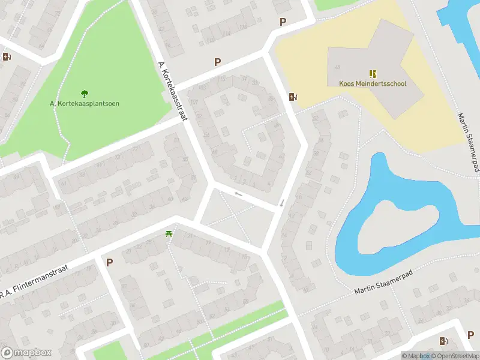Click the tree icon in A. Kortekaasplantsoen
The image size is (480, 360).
(85, 94)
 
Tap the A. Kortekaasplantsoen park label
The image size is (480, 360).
(85, 103)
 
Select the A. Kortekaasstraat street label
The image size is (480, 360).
(173, 91)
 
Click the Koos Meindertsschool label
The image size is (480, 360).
(373, 83)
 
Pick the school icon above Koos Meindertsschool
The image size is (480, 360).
(373, 74)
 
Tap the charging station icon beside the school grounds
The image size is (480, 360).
(293, 97)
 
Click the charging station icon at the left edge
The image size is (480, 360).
(7, 57)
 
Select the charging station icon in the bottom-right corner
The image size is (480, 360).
(443, 341)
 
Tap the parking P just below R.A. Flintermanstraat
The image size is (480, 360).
(109, 262)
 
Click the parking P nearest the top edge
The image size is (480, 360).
(283, 22)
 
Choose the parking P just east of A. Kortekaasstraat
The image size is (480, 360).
(218, 62)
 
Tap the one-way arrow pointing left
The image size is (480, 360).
(239, 194)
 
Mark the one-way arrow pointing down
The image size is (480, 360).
(281, 203)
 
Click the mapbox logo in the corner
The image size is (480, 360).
(26, 353)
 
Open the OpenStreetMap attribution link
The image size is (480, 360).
(454, 356)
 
